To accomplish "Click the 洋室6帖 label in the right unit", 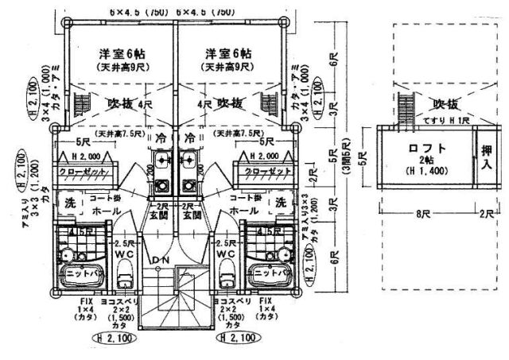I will (x=228, y=53).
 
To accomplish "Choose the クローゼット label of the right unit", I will (x=262, y=172).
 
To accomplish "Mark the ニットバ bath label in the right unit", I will (x=269, y=271).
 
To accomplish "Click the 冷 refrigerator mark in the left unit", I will (x=161, y=137).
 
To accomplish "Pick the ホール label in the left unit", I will (x=107, y=211).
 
